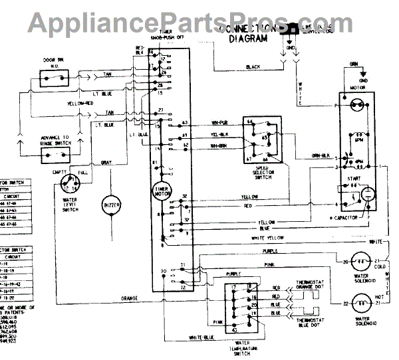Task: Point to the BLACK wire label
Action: click(x=253, y=67)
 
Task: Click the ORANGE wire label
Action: click(x=130, y=297)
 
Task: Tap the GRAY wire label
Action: click(x=106, y=163)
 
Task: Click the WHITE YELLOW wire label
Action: click(x=268, y=238)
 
